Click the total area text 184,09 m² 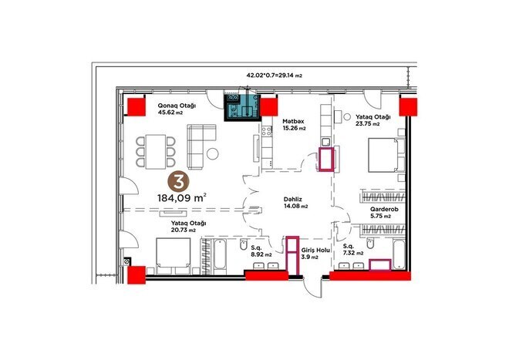click(x=182, y=198)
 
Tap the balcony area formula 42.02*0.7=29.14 click(x=274, y=76)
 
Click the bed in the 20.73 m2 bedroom click(x=173, y=255)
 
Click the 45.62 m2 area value click(x=170, y=113)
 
